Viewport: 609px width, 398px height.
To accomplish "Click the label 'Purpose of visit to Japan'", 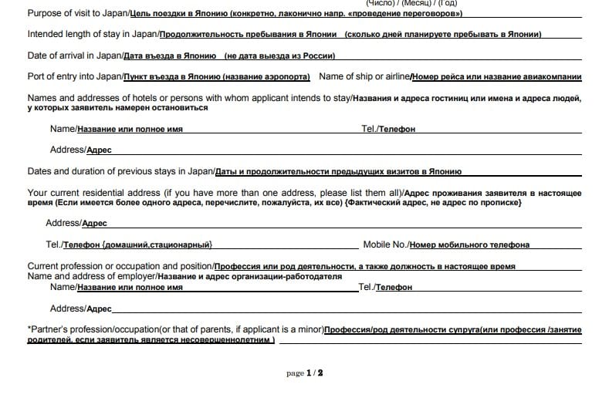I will (x=76, y=14).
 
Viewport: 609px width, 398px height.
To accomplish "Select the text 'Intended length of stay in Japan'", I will (x=93, y=35).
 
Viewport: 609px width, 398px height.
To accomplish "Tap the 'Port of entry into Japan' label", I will (x=75, y=76).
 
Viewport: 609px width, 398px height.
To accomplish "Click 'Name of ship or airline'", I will (x=364, y=76).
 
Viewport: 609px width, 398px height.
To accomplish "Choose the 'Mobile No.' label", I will (x=385, y=245).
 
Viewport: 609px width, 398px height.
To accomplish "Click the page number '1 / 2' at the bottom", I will (x=314, y=373).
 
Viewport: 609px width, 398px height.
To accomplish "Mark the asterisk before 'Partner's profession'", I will (x=29, y=329).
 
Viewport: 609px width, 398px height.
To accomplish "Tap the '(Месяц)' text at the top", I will (x=414, y=3).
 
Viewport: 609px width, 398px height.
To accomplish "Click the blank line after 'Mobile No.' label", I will (x=556, y=247).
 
